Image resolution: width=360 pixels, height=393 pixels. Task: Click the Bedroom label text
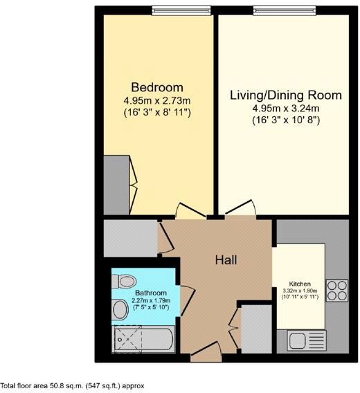pos(157,88)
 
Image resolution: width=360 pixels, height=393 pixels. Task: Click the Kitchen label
pos(300,284)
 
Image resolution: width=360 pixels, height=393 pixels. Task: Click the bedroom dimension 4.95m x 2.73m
pos(157,100)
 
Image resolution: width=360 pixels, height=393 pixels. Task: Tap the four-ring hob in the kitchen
pos(336,290)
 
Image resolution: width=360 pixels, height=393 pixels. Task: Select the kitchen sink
pos(302,340)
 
